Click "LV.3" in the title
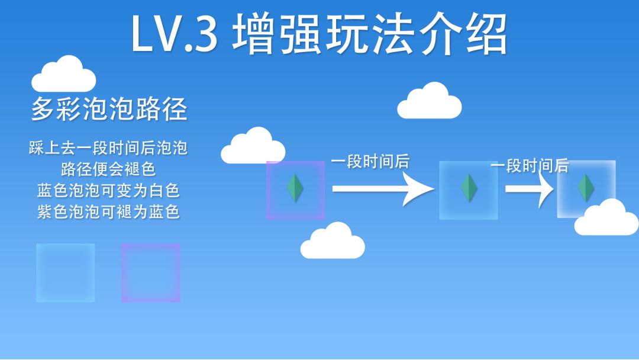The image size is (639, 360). point(174,34)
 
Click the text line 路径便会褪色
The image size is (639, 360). point(108,169)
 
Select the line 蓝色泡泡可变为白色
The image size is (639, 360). point(108,190)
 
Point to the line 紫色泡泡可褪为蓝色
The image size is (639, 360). point(108,211)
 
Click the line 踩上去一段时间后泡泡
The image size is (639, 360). point(108,147)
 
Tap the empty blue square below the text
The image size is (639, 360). point(65,273)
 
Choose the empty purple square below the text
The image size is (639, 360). point(150,273)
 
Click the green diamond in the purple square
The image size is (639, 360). point(295,188)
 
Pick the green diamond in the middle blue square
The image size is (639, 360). point(469,188)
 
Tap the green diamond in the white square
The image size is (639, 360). point(586,188)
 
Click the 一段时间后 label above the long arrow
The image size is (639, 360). point(370,161)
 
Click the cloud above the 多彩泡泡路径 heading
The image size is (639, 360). point(64,75)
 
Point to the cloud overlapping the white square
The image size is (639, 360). point(606,218)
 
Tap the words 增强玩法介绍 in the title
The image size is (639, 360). point(370,34)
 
